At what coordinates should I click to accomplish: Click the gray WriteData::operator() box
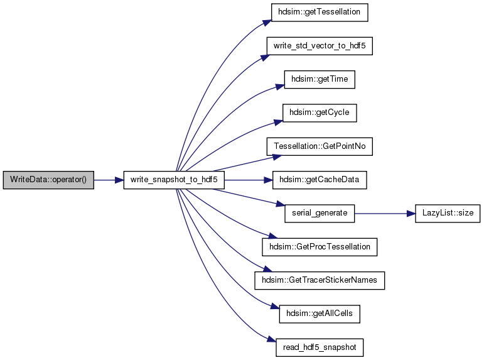point(48,180)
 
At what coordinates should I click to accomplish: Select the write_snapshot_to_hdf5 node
point(174,180)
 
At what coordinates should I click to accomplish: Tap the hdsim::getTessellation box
point(320,13)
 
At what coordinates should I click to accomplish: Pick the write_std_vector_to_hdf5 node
point(320,46)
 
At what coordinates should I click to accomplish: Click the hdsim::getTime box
point(320,79)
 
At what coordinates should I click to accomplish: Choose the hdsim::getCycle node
point(320,113)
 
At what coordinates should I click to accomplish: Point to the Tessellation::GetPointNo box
point(320,146)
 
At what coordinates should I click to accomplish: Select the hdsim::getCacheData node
point(320,180)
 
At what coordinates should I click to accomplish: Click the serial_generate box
point(320,213)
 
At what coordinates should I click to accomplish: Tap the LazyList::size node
point(448,213)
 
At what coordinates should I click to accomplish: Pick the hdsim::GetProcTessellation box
point(320,247)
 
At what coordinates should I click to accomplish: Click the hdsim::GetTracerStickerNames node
point(320,280)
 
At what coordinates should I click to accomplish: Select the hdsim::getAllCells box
point(320,314)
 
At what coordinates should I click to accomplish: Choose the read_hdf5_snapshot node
point(320,347)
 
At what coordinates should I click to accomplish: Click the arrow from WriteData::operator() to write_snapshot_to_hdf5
point(109,180)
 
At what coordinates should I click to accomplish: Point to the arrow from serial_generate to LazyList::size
point(385,214)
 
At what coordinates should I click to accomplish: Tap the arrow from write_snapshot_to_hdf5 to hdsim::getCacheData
point(249,180)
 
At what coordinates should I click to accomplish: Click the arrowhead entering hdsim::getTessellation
point(267,23)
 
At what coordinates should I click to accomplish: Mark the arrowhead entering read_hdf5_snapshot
point(272,340)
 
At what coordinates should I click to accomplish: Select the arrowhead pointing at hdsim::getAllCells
point(275,307)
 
